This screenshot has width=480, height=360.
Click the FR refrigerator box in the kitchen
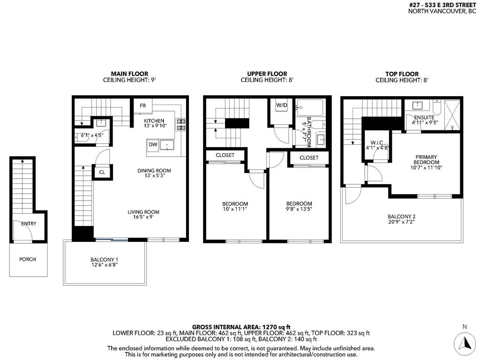(x=143, y=106)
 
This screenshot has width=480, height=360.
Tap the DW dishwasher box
(x=153, y=145)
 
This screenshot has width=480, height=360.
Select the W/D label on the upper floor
(x=282, y=105)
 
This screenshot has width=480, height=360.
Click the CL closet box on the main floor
(x=102, y=172)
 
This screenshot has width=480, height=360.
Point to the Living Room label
(x=143, y=212)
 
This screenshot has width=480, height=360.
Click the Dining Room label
(x=154, y=171)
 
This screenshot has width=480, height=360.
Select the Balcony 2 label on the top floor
(x=401, y=217)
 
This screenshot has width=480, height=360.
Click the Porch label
(x=27, y=259)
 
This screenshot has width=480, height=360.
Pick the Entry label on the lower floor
(x=28, y=224)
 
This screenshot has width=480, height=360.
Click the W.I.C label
(x=377, y=142)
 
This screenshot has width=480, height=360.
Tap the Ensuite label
(x=424, y=117)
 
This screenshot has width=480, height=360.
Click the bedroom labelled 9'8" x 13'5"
(x=299, y=203)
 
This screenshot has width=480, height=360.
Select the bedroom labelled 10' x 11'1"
(x=235, y=203)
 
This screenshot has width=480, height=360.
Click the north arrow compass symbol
(x=465, y=343)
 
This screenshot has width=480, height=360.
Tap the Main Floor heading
(x=129, y=74)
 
